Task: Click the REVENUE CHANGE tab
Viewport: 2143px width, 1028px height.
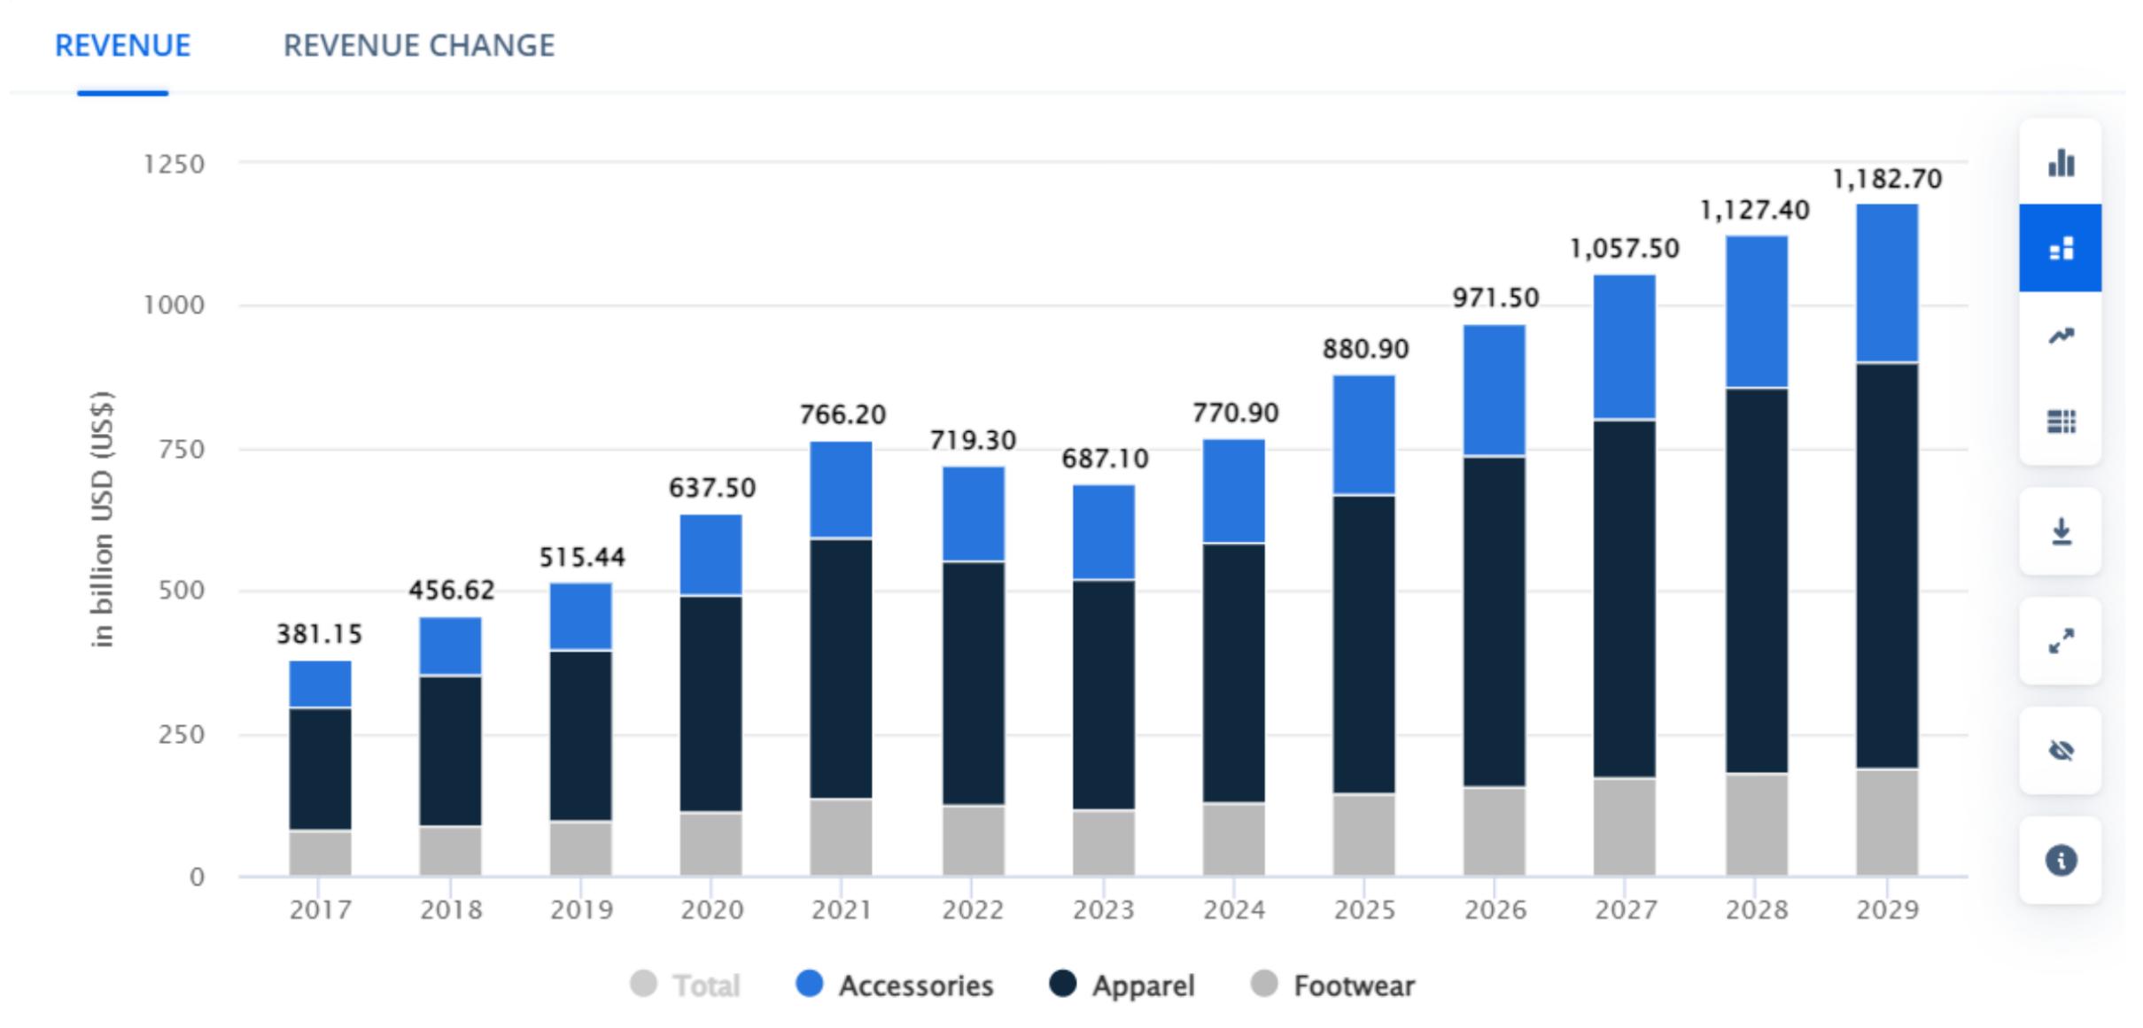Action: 418,45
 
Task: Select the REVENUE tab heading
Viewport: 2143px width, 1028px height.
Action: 122,45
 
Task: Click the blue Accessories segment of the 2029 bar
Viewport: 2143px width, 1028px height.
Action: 1887,283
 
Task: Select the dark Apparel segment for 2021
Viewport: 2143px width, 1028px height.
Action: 841,669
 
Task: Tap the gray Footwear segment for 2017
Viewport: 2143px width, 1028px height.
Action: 320,853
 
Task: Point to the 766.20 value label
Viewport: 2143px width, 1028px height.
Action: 842,414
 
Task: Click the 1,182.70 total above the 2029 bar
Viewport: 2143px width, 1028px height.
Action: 1886,180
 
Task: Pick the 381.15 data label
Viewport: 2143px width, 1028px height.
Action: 320,634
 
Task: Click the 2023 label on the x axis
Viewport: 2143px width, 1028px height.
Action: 1103,910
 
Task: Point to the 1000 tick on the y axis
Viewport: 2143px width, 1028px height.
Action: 174,305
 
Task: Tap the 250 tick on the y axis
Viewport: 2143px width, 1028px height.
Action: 181,734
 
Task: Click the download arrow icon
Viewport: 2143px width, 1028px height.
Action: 2061,531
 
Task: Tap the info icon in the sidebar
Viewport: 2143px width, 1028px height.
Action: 2061,860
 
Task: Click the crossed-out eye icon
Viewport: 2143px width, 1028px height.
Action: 2061,751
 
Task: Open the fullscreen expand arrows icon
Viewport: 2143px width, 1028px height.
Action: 2061,641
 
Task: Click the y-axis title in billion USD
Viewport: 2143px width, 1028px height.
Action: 103,519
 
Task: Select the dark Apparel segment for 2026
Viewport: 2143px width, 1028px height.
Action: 1494,622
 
